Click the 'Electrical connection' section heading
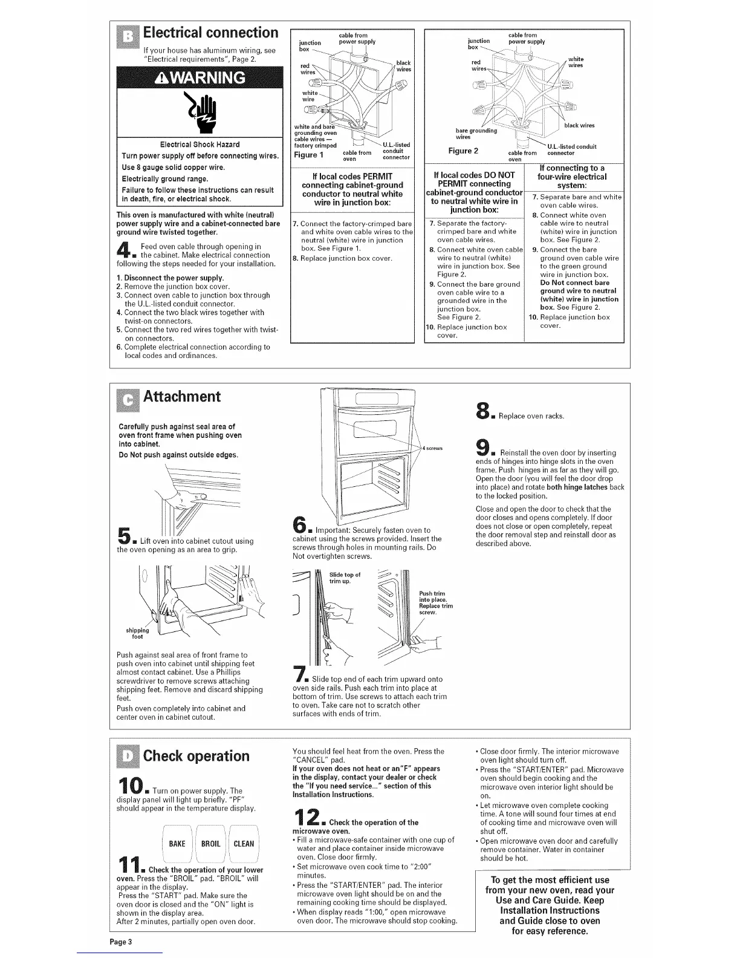pos(210,33)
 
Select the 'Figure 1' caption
pos(308,155)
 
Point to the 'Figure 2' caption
pos(463,151)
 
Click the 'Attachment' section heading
pos(181,397)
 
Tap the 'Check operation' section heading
pos(196,756)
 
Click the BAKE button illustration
pos(177,844)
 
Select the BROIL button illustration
pos(210,844)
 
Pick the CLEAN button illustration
pos(243,844)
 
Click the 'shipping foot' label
pos(137,633)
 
